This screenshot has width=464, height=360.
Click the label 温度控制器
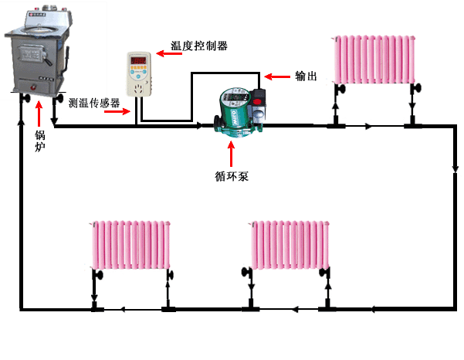(x=199, y=46)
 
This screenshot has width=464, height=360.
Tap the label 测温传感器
(x=94, y=103)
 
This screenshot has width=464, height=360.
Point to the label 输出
(x=306, y=76)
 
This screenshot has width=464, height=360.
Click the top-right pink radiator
(x=374, y=60)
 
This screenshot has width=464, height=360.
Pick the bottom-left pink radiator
(x=130, y=244)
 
